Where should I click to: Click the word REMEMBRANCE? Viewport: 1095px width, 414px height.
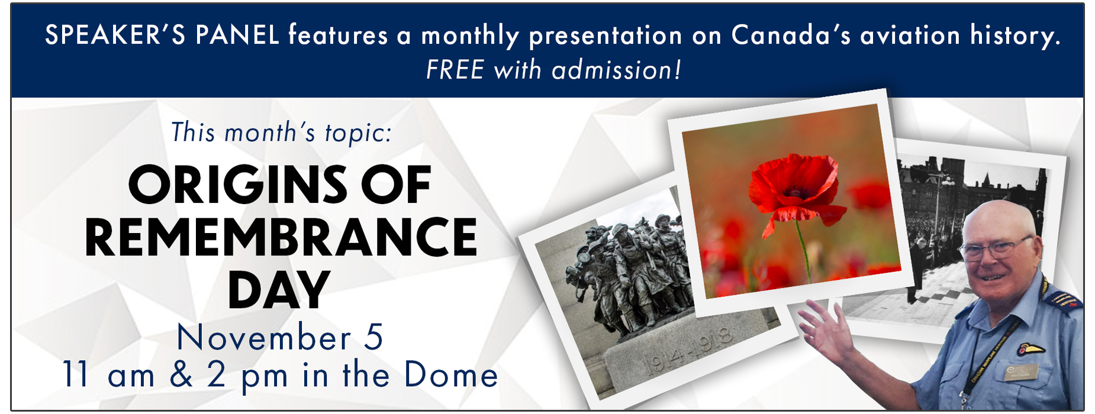(x=281, y=237)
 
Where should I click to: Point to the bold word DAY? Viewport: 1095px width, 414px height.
(x=279, y=290)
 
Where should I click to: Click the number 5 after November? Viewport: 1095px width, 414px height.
(x=373, y=337)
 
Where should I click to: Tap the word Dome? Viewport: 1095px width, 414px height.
(x=451, y=375)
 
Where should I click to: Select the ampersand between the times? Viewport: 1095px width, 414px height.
(x=181, y=375)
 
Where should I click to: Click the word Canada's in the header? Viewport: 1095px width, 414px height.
(x=791, y=35)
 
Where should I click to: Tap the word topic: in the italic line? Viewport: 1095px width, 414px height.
(x=358, y=132)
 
